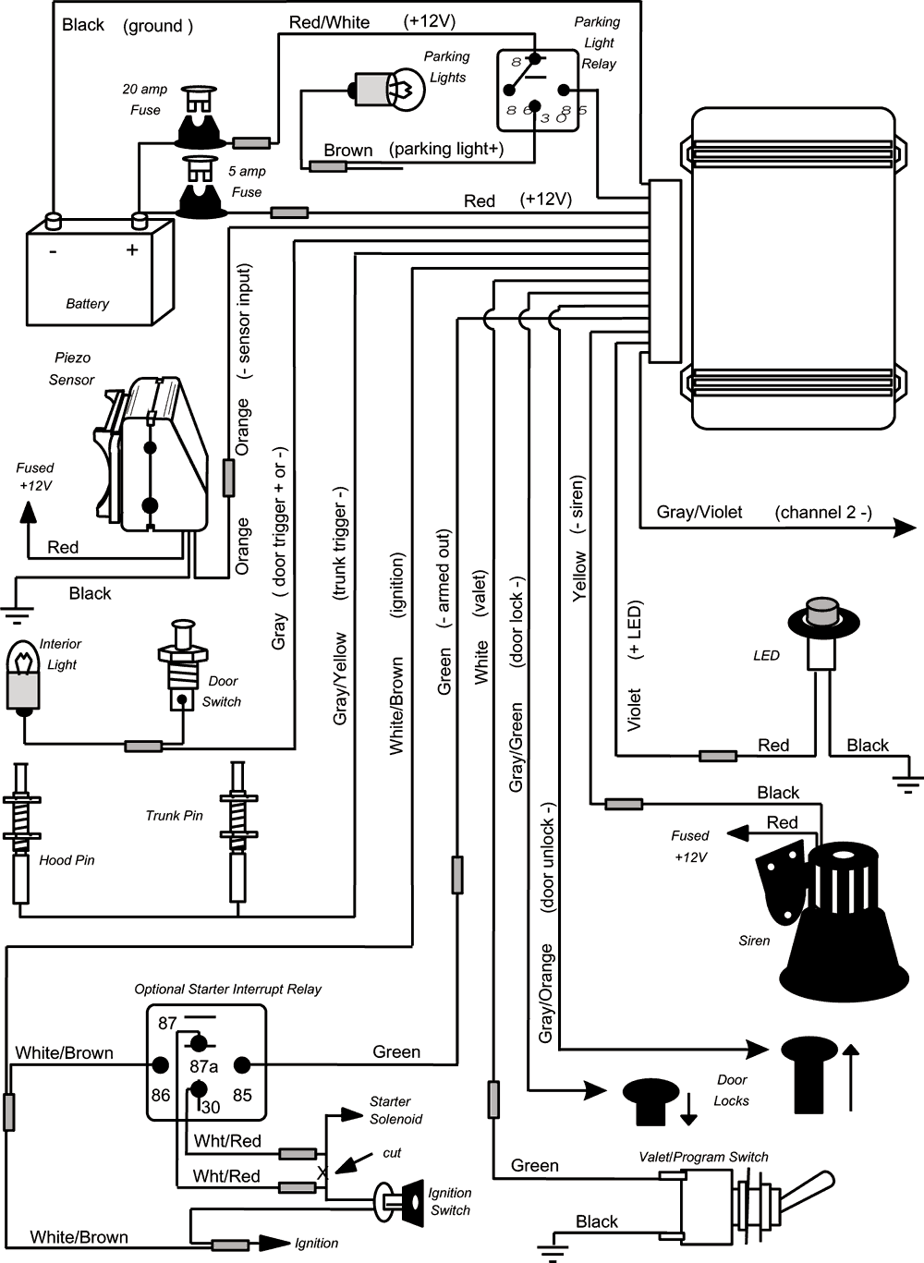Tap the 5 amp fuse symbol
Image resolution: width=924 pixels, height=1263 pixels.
(x=200, y=188)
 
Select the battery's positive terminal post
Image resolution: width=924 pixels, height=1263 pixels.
(x=140, y=221)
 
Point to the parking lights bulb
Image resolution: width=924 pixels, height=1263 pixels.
(x=389, y=90)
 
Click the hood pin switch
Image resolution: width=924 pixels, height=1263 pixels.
(x=21, y=832)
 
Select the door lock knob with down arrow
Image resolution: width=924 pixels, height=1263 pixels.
(x=650, y=1099)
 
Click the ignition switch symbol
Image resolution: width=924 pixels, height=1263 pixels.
(x=395, y=1201)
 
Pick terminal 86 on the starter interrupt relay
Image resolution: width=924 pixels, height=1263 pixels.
(x=160, y=1066)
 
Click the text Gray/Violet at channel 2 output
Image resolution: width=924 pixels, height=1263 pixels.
(x=699, y=513)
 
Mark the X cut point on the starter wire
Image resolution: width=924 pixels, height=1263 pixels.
(x=322, y=1172)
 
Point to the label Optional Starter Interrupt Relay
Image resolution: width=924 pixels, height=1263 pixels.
(x=227, y=990)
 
